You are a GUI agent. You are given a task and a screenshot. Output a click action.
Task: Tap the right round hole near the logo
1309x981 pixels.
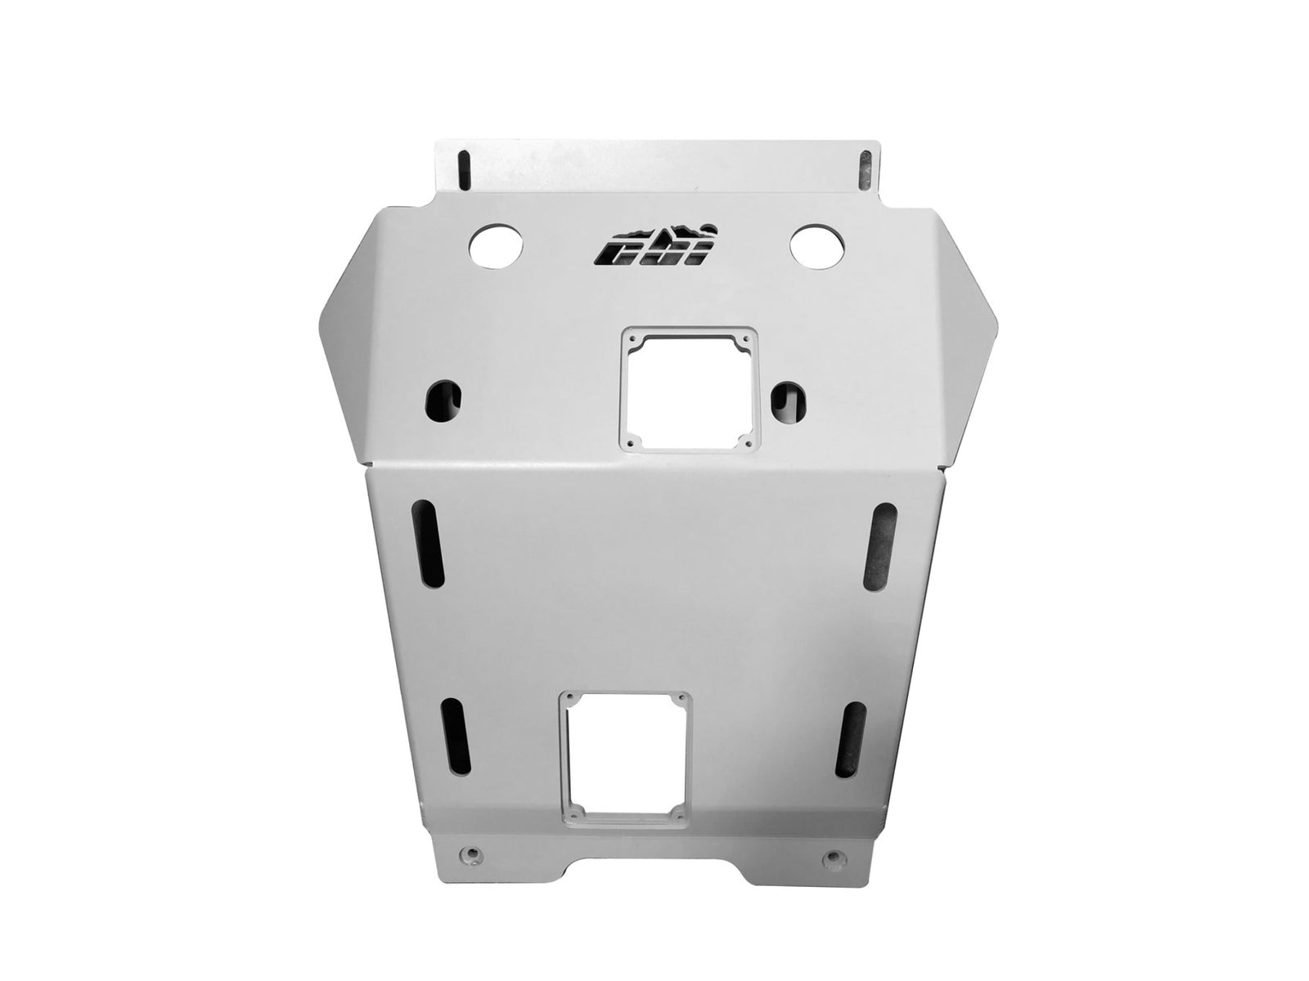coord(814,243)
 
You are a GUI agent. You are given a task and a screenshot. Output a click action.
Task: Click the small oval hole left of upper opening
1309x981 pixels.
coord(443,400)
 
